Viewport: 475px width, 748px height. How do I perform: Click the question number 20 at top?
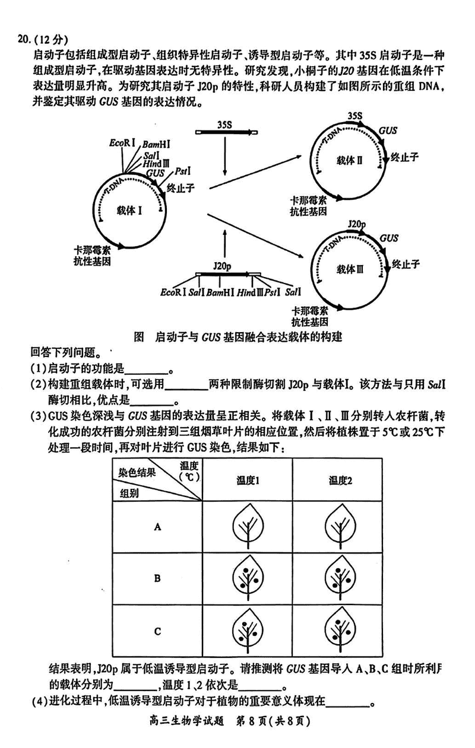pos(25,40)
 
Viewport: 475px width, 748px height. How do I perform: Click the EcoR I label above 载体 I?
pos(122,143)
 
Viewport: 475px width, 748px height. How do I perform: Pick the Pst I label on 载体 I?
pos(182,171)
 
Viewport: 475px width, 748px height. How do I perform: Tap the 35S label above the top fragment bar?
pos(224,125)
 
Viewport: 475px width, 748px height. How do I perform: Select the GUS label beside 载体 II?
pos(388,130)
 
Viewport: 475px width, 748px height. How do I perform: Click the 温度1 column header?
pos(247,480)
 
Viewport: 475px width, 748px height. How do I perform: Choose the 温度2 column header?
pos(341,480)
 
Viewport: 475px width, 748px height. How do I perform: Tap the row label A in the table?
pos(157,526)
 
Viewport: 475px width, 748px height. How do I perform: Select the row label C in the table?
pos(157,631)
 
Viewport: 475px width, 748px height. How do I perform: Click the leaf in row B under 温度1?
pos(247,578)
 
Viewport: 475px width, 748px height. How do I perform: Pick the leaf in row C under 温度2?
pos(341,630)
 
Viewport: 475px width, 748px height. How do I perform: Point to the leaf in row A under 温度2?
pos(341,526)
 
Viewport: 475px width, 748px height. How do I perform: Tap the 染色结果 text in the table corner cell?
pos(137,473)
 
